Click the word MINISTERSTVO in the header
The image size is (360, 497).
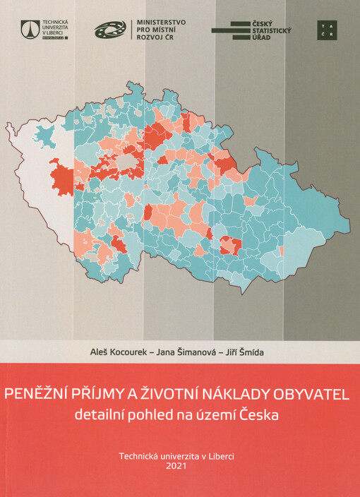click(162, 22)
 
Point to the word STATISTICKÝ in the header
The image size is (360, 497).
click(272, 30)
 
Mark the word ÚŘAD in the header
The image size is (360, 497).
click(262, 37)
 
